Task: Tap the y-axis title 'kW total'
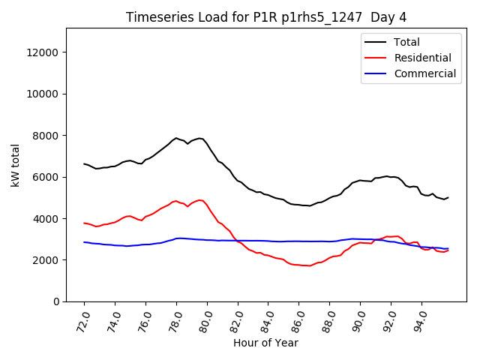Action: point(16,165)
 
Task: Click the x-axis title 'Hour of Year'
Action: point(265,343)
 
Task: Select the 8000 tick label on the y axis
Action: point(46,136)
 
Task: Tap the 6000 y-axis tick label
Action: point(46,177)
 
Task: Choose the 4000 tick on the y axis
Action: point(46,219)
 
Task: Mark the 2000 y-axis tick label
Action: point(46,260)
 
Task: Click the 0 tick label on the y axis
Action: point(55,301)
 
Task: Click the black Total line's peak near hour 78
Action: point(176,138)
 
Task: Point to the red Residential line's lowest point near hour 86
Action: point(306,265)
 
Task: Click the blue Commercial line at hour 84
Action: point(268,241)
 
